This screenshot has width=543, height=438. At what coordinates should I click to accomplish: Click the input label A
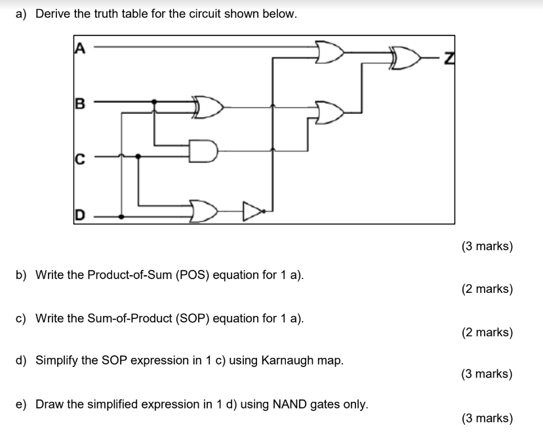point(81,46)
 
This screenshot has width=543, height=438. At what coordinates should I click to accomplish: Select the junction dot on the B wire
point(154,102)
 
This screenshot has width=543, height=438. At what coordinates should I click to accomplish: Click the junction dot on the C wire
point(137,156)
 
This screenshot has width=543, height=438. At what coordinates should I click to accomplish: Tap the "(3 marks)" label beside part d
point(487,374)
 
